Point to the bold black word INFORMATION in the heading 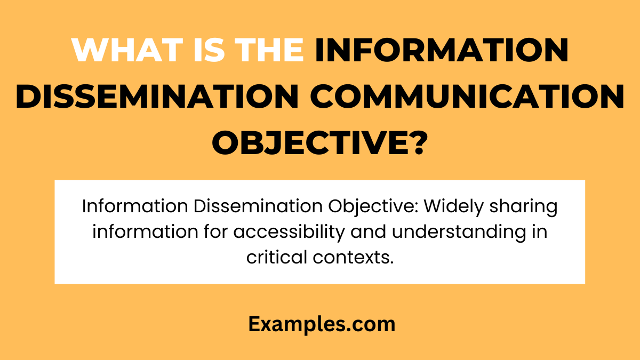pos(442,50)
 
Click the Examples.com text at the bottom pos(322,324)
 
